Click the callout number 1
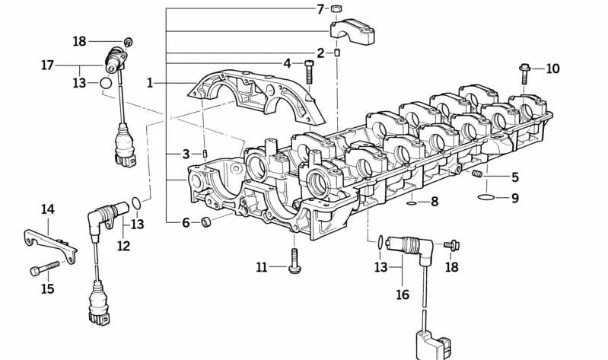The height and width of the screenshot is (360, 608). [151, 82]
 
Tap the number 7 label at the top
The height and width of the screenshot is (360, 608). [320, 9]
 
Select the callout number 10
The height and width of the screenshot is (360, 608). [552, 69]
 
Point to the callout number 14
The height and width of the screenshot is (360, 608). [48, 209]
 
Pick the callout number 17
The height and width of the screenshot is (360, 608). [48, 65]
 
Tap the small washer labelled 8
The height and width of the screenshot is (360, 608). [411, 202]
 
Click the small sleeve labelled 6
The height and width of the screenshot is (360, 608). [205, 222]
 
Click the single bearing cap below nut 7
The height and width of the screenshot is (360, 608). [352, 31]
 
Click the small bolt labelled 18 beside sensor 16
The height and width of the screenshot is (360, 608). [450, 244]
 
